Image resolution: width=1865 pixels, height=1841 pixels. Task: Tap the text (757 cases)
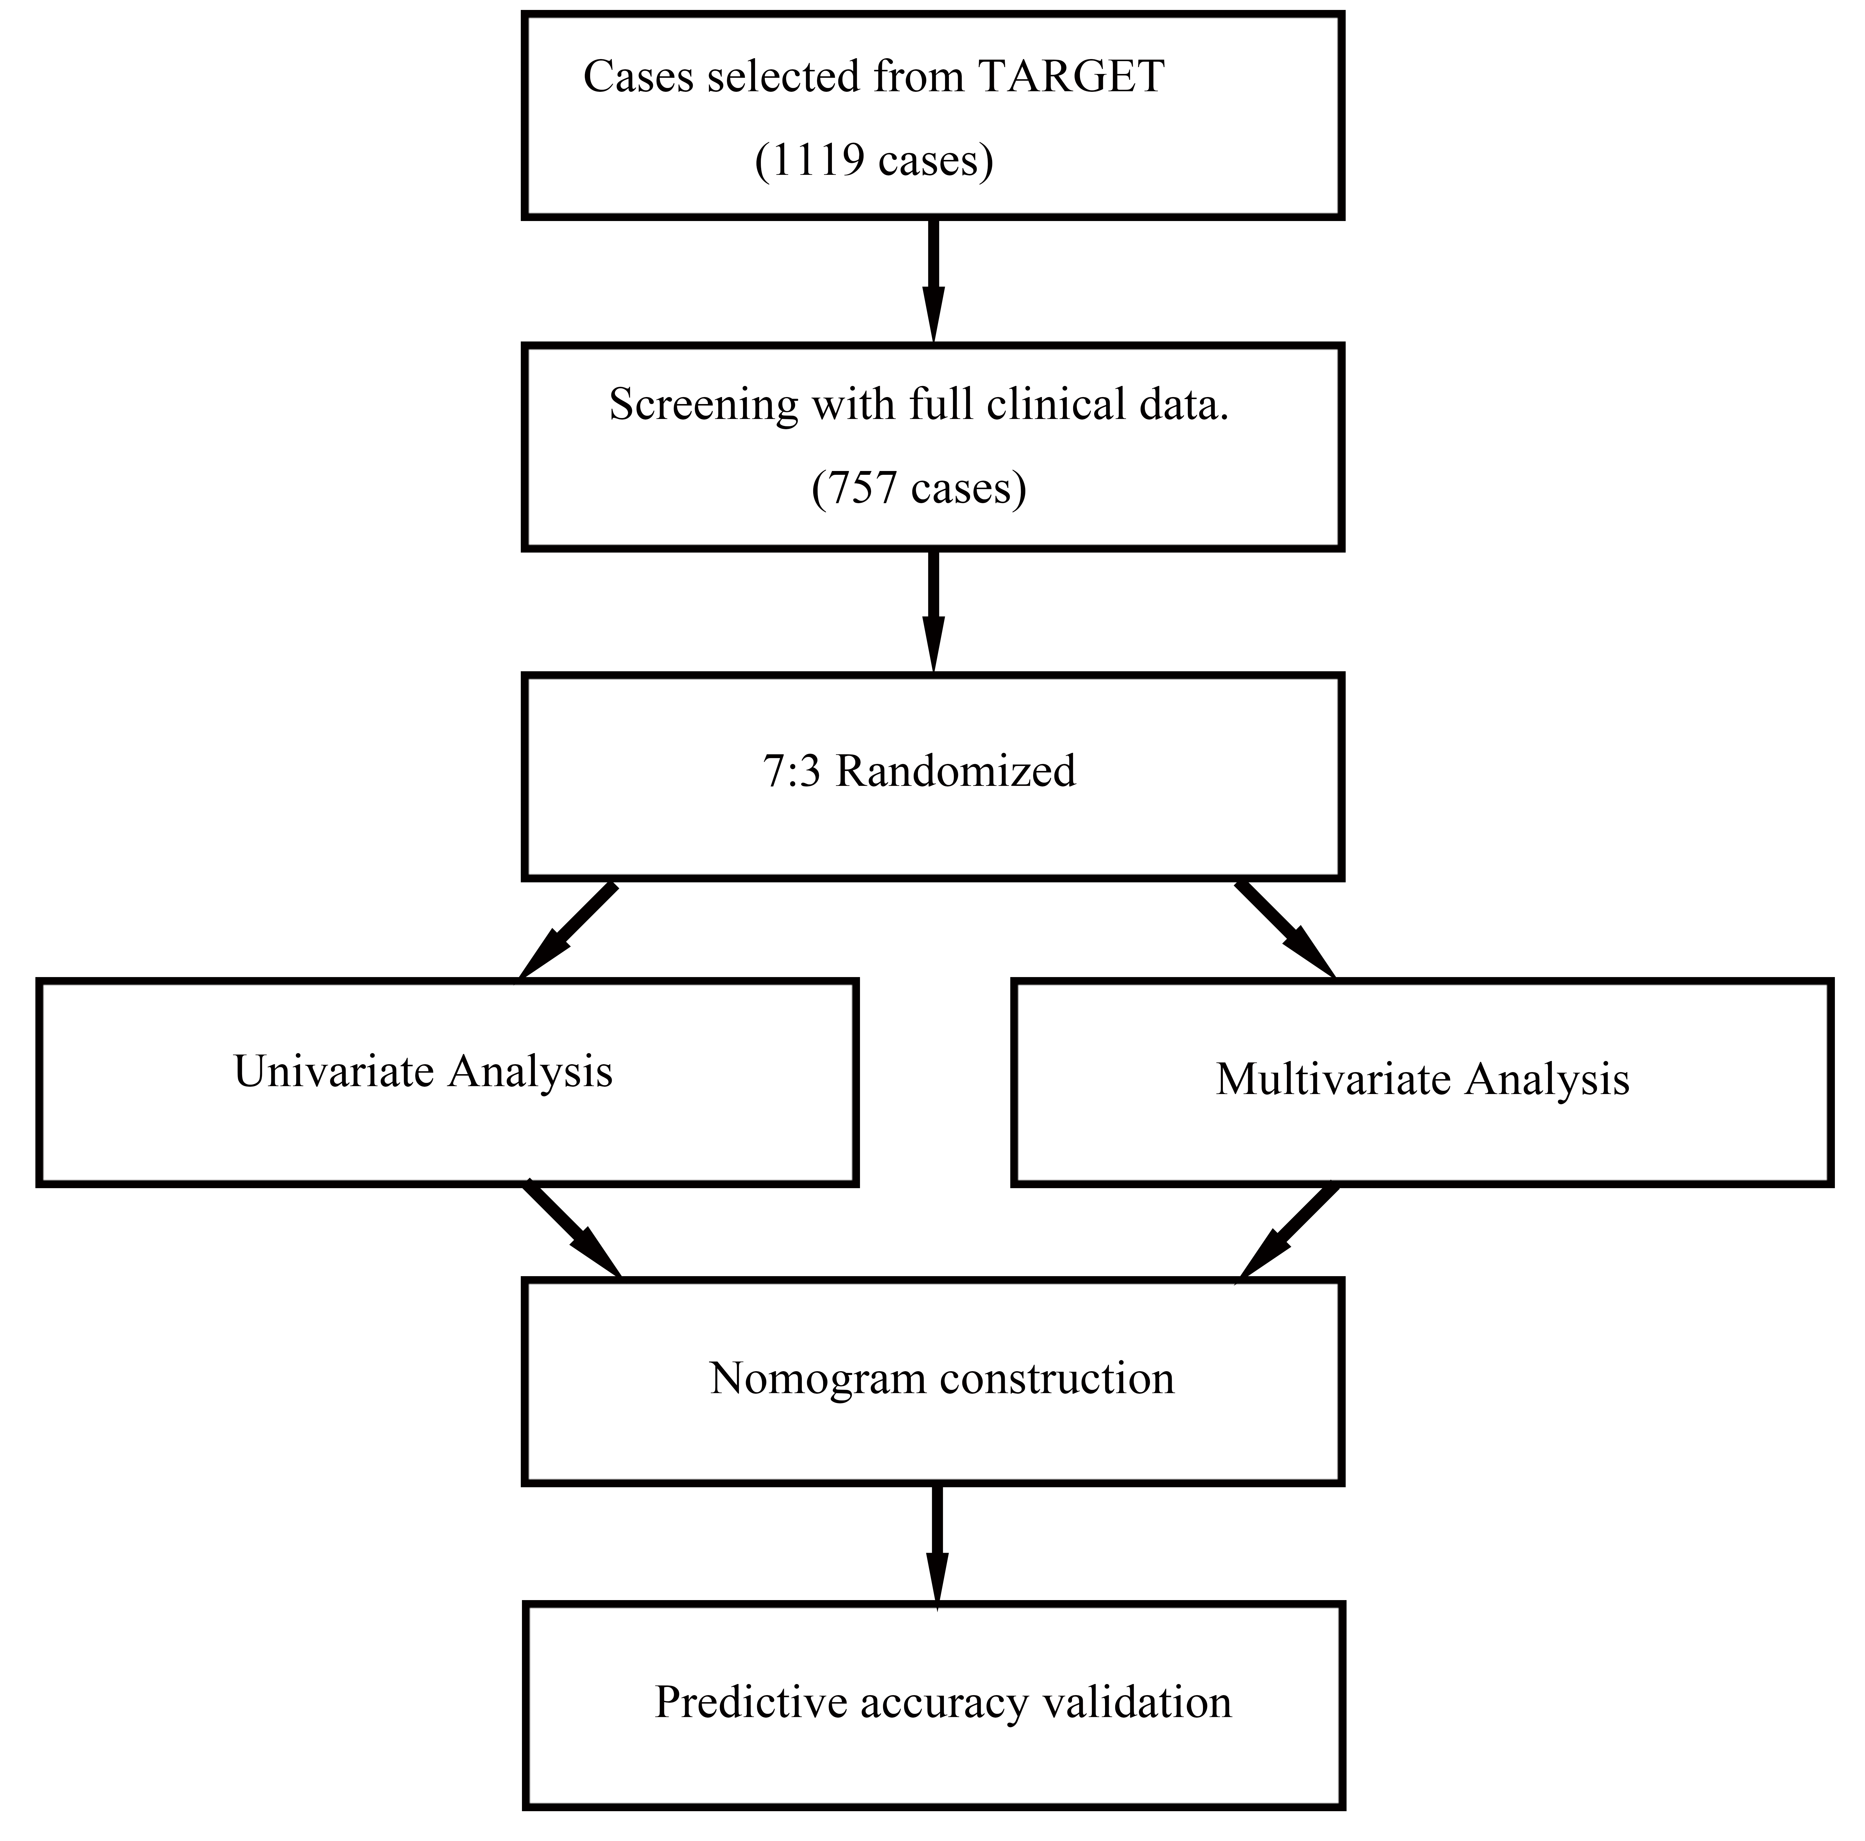click(918, 489)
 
